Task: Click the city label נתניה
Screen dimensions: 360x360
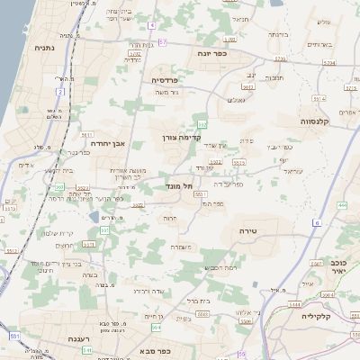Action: click(42, 47)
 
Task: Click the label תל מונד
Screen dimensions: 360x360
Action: click(182, 186)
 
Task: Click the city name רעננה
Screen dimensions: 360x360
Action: click(82, 339)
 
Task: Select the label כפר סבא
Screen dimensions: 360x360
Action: click(156, 348)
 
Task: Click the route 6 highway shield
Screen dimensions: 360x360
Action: click(317, 221)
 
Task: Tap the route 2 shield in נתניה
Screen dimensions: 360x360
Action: click(60, 92)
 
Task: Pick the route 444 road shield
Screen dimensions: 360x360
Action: click(342, 206)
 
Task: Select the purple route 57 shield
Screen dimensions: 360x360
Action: click(163, 42)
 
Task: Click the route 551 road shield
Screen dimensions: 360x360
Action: click(15, 336)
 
